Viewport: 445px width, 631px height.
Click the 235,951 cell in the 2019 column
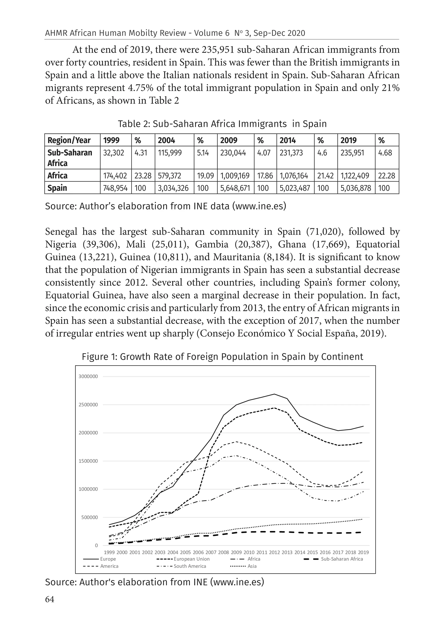coord(352,153)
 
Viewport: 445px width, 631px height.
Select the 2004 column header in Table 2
coord(166,140)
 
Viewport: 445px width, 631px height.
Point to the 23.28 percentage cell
coord(143,176)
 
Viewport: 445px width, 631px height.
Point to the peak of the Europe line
coord(274,394)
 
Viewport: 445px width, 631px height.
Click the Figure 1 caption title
coord(222,357)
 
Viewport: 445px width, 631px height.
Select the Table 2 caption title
coord(222,124)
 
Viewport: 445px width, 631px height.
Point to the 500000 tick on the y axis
coord(89,517)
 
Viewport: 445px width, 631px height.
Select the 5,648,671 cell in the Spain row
coord(235,188)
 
